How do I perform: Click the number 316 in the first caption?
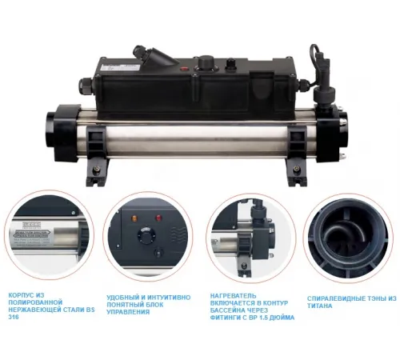(x=14, y=315)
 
